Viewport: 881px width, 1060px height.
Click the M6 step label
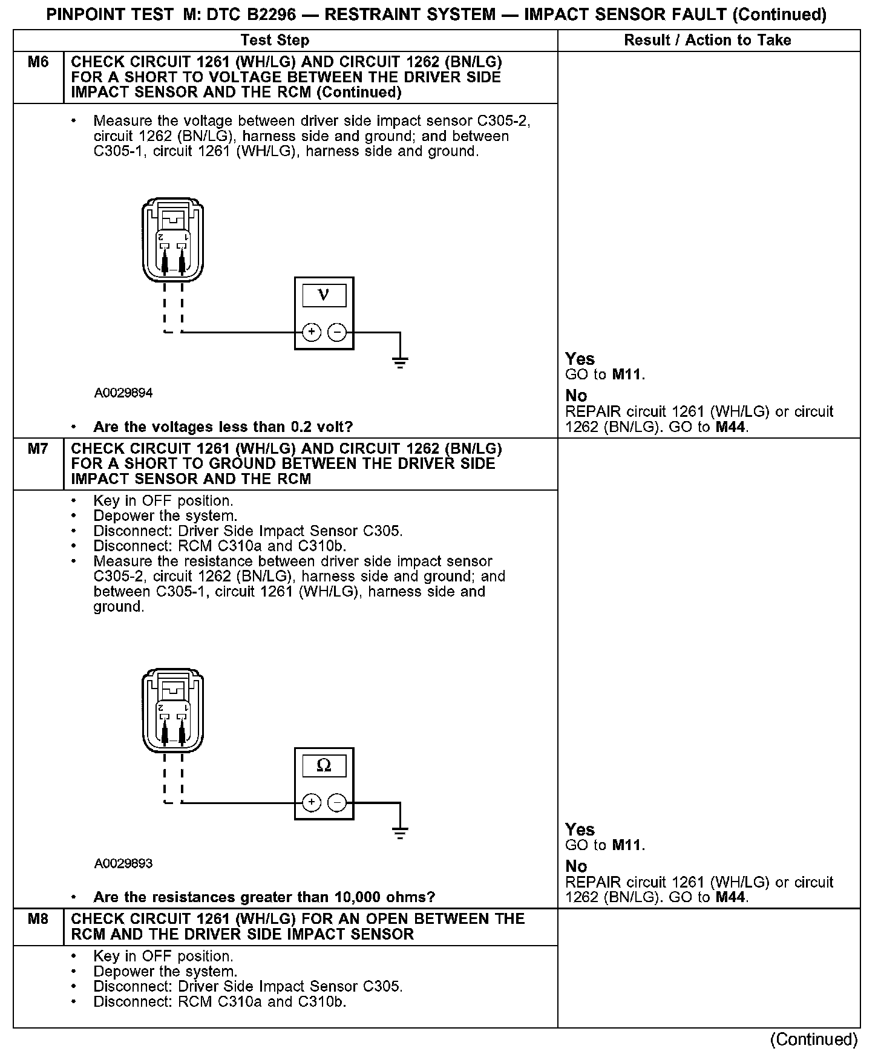(38, 62)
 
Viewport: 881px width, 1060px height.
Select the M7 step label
(38, 448)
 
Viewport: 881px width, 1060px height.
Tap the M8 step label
(38, 918)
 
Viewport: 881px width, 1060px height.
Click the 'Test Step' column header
(275, 41)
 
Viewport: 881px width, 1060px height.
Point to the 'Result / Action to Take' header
(707, 41)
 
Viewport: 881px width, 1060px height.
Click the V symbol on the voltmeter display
(324, 295)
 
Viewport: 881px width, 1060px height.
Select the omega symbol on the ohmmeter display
(324, 766)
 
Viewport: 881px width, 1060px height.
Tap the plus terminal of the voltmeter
(311, 332)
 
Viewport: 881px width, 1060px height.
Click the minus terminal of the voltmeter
(337, 332)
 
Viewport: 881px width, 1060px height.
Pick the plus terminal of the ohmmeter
(311, 803)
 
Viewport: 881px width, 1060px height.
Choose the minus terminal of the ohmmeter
(337, 803)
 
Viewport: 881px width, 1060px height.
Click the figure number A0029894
(123, 393)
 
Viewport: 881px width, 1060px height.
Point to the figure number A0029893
(123, 863)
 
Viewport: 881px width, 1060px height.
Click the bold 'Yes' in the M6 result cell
(580, 359)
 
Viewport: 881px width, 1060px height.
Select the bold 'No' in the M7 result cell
(576, 866)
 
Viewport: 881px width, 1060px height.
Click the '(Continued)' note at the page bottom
(813, 1039)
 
